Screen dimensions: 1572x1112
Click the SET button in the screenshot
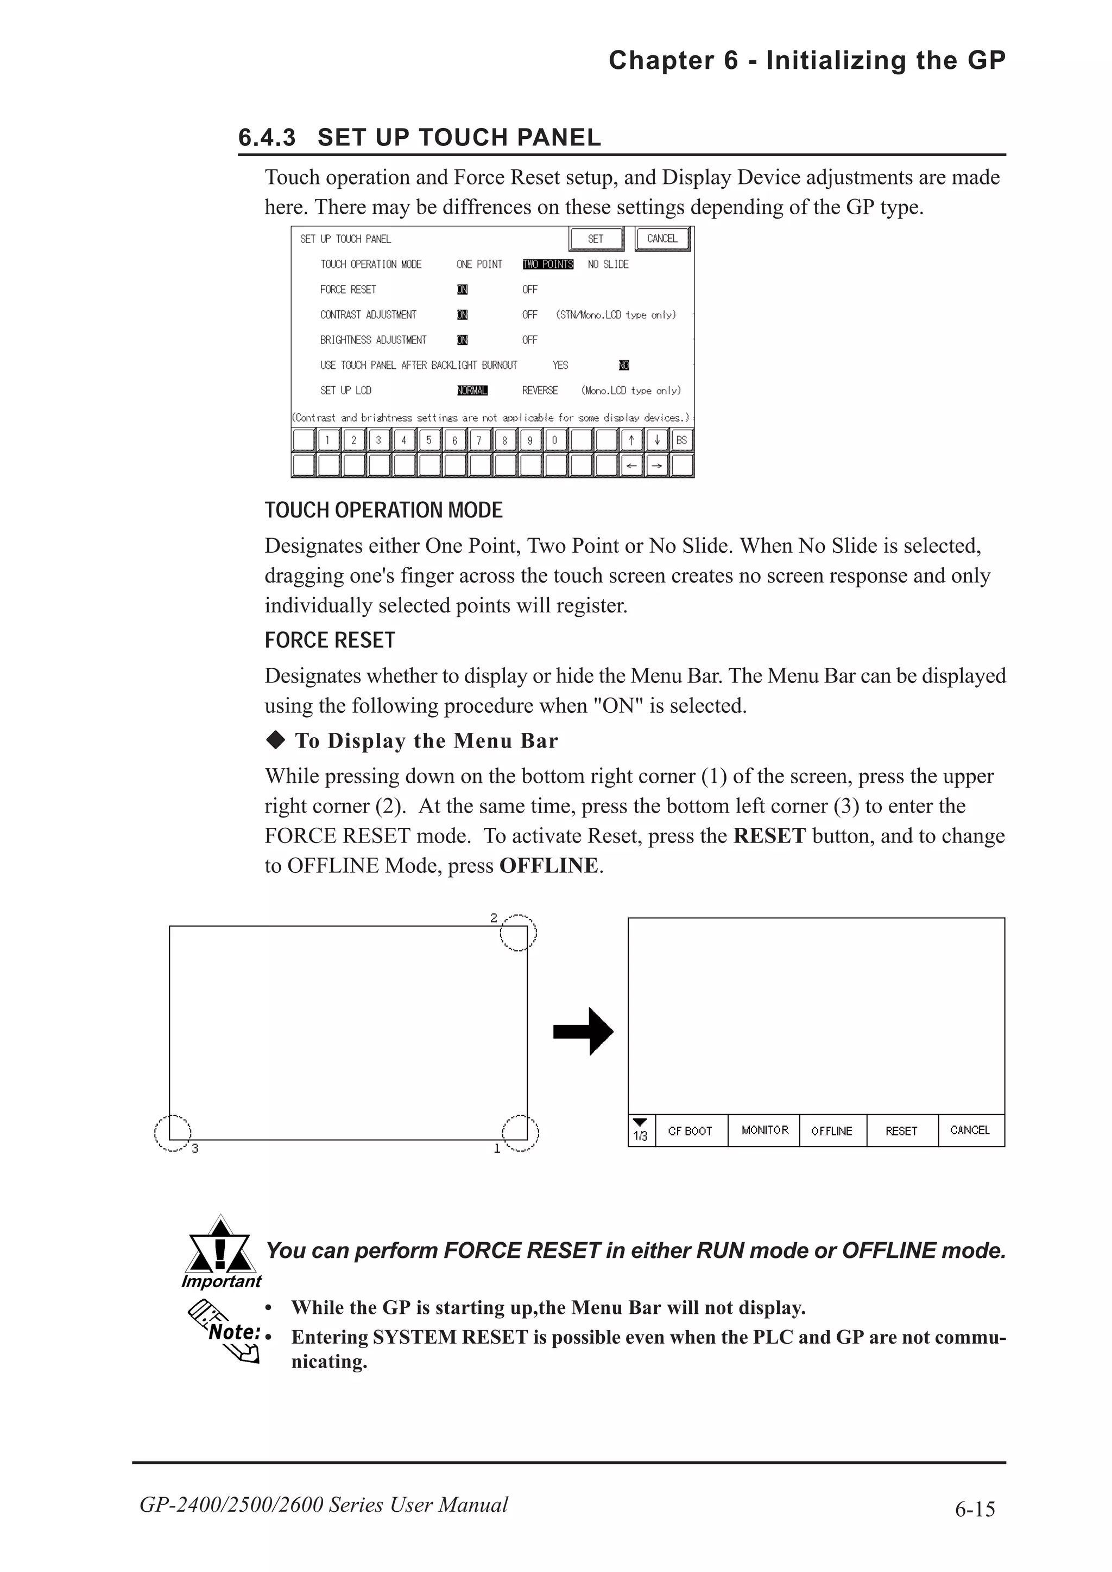tap(596, 239)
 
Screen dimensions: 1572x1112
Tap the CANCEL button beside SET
tap(661, 239)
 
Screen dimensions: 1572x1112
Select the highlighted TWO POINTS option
tap(547, 264)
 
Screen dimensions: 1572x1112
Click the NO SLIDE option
tap(608, 264)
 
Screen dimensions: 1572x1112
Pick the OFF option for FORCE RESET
tap(529, 290)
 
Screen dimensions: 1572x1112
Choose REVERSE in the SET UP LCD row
tap(540, 390)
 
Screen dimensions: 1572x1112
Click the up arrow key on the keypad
tap(631, 440)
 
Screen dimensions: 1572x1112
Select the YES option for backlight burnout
tap(560, 365)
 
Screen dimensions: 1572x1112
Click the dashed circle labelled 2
tap(518, 932)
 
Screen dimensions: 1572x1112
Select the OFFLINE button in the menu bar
tap(832, 1131)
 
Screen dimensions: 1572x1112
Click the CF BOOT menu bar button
tap(691, 1131)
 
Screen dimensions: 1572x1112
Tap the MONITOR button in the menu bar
tap(764, 1130)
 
